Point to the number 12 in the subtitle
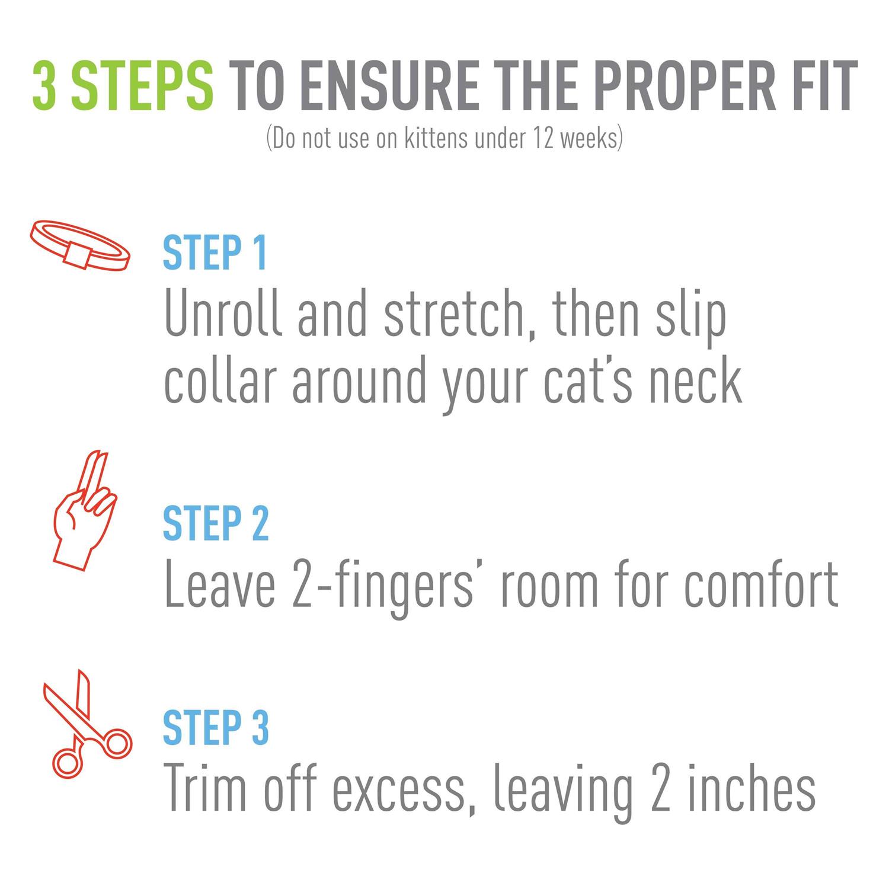tap(541, 139)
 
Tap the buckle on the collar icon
tap(74, 254)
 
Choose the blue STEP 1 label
tap(215, 253)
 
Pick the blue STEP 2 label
tap(216, 523)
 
